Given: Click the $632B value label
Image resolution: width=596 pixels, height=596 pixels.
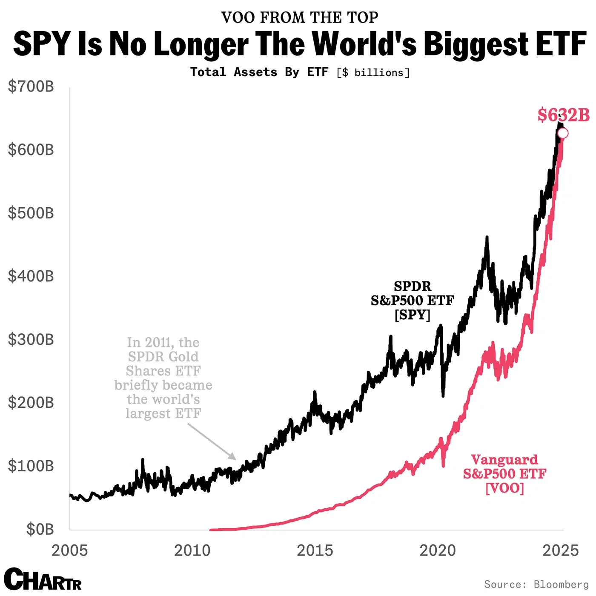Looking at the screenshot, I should point(563,115).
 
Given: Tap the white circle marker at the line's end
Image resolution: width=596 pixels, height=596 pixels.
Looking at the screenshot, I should point(563,134).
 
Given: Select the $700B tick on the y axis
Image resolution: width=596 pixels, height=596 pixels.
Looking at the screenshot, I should point(31,86).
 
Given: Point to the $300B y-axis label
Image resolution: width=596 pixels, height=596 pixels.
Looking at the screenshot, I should point(31,340).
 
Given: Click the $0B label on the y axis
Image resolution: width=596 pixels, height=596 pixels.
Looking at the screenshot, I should point(40,529).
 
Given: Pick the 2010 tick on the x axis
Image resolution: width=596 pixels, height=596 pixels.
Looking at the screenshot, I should point(192,550).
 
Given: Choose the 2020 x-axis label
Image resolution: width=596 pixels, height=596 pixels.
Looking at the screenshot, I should point(438,550).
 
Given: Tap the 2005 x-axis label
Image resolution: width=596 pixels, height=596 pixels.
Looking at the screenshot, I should point(70,550).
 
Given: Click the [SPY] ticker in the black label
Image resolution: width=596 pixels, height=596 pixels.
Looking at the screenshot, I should point(412,315).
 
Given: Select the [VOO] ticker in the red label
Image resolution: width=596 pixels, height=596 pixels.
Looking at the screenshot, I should point(505,488).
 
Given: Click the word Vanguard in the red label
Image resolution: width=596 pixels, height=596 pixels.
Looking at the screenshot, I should point(504,460).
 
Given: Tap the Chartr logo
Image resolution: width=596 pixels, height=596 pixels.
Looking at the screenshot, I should point(43,579).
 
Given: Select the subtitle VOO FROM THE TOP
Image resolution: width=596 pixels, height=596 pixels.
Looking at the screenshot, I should point(300,17).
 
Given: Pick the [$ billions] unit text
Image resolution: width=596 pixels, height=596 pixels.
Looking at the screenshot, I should point(373,73).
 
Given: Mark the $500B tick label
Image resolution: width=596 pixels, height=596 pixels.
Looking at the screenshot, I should point(31,213).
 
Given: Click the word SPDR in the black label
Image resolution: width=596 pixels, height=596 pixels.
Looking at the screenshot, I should point(413,286).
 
